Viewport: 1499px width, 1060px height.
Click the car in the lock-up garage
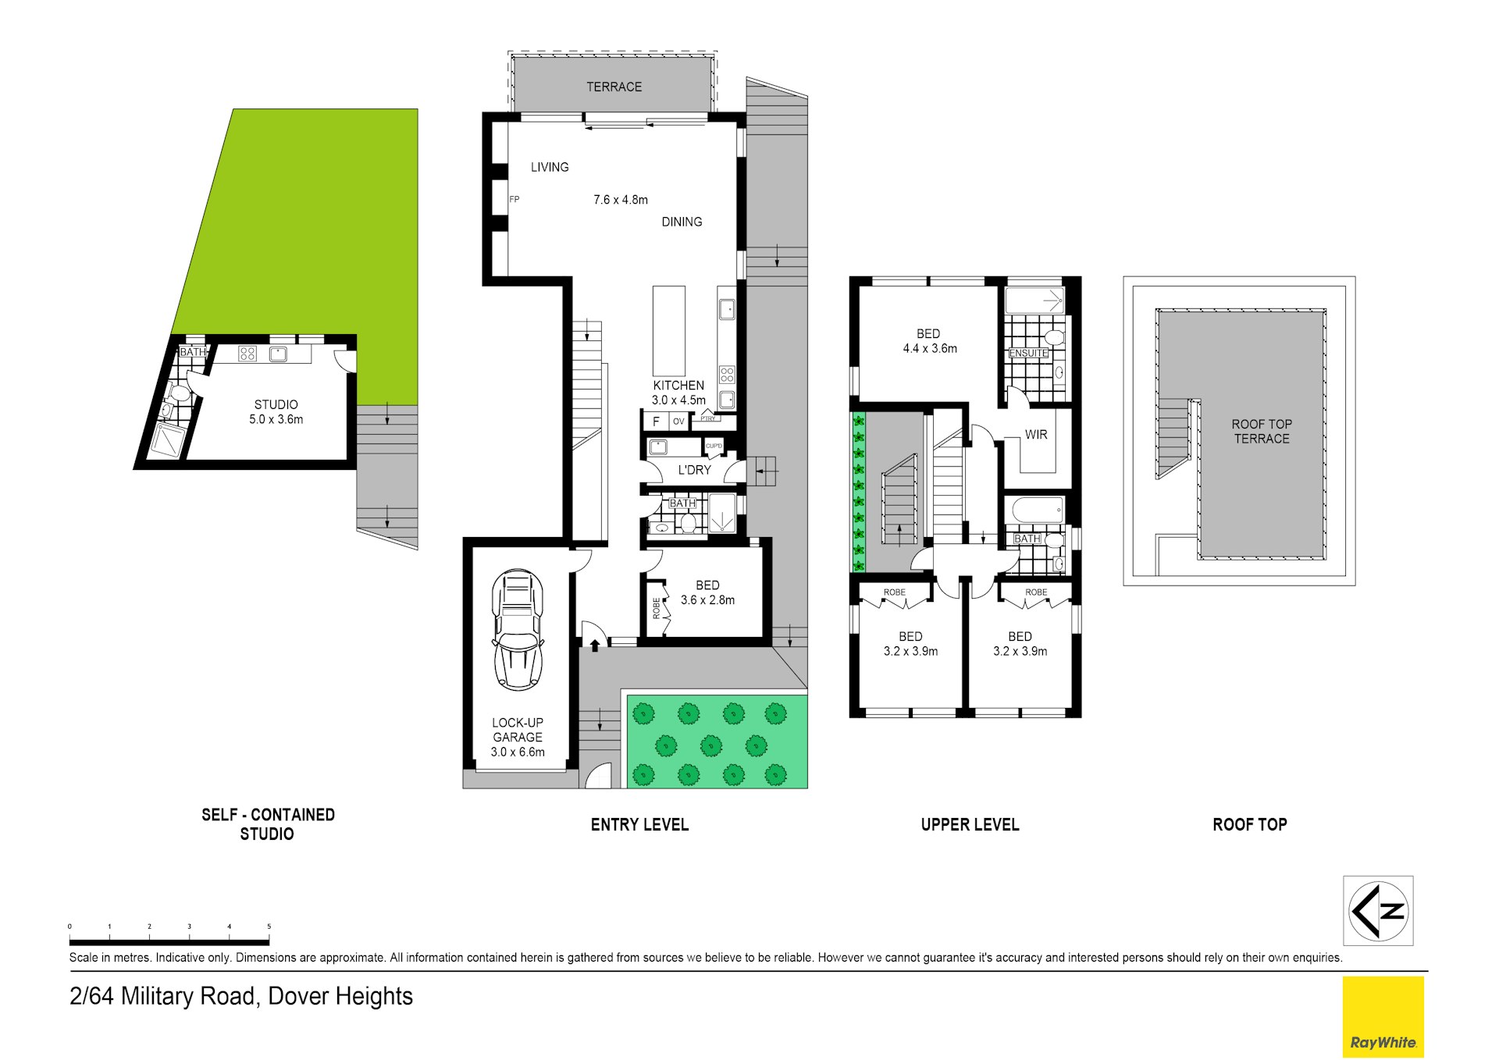pos(518,630)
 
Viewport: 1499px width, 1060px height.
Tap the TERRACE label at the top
pos(614,87)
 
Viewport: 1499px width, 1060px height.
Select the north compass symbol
pos(1378,910)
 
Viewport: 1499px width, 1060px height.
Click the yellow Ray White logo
pos(1383,1016)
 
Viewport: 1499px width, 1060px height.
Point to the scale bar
pos(169,942)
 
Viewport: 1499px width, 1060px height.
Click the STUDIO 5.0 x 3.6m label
pos(276,411)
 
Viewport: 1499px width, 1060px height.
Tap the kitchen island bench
pos(668,331)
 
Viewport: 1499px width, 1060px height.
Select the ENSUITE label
pos(1028,354)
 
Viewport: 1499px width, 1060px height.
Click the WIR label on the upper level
pos(1036,435)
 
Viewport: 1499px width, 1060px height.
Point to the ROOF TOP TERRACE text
pos(1262,431)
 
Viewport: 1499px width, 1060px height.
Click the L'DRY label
pos(694,470)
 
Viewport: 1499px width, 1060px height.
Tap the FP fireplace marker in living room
pos(514,200)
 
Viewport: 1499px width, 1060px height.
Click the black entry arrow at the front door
pos(595,645)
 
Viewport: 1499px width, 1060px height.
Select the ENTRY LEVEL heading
pos(639,824)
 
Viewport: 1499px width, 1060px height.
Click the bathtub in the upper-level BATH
pos(1037,511)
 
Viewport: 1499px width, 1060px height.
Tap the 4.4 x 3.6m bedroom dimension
pos(929,349)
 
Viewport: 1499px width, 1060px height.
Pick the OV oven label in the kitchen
pos(678,422)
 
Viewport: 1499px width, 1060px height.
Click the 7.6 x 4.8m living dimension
pos(620,200)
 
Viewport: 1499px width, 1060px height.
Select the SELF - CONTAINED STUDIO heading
pos(268,823)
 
